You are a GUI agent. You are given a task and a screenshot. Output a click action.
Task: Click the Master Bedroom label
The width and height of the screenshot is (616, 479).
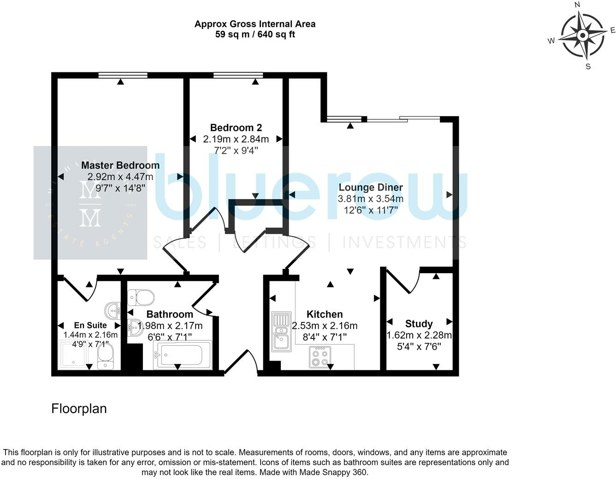(120, 165)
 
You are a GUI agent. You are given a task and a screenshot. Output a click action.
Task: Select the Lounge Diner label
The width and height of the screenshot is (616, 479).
(370, 187)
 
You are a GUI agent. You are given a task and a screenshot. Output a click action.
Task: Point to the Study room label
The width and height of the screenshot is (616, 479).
(419, 324)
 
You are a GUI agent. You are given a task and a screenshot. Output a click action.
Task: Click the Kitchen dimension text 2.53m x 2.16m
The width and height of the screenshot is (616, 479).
(325, 326)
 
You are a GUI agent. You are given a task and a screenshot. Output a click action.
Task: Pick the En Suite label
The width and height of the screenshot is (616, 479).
(90, 325)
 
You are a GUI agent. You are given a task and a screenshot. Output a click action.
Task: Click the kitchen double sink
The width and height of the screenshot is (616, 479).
(280, 332)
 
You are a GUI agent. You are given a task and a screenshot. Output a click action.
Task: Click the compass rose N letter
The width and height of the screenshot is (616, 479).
(577, 5)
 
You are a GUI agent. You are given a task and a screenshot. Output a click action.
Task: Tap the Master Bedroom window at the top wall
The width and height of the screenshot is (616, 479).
(123, 76)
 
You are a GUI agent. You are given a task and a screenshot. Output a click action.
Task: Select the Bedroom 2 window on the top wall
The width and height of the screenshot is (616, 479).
(238, 76)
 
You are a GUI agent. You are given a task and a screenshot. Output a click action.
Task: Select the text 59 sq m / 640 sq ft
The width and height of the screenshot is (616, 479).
(255, 35)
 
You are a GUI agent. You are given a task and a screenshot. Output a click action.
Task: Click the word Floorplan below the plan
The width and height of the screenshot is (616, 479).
(79, 409)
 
